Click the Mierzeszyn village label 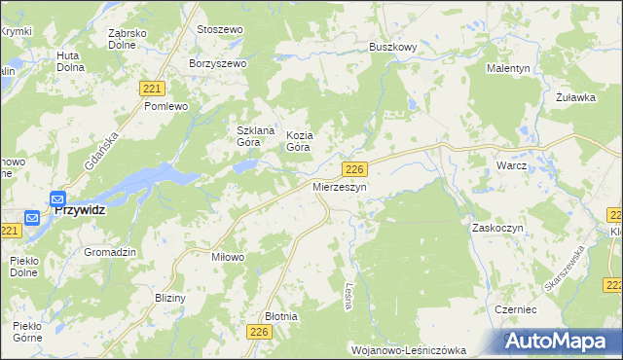coord(340,186)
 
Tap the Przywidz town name coord(80,208)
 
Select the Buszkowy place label coord(393,46)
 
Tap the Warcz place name coord(510,165)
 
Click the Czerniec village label coord(516,306)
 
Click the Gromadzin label coord(109,251)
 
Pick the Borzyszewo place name coord(219,63)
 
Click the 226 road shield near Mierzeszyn coord(354,168)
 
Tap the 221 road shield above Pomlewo coord(151,88)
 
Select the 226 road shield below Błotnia coord(258,333)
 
